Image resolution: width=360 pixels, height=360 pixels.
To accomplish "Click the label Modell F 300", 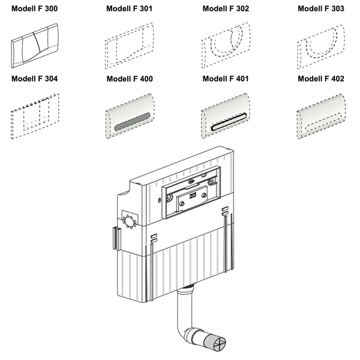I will [x=35, y=9].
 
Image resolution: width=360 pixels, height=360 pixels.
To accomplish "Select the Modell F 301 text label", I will [x=130, y=9].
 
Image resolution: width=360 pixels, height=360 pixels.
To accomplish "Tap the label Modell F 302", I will [x=226, y=9].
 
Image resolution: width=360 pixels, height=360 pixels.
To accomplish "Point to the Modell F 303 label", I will [x=321, y=9].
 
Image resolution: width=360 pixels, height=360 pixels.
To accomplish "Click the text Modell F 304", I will [x=35, y=79].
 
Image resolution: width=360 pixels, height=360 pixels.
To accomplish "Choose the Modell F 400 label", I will [x=130, y=79].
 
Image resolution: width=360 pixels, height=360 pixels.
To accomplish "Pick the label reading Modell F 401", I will [x=226, y=79].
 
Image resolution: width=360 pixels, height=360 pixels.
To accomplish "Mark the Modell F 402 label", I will [x=321, y=79].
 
